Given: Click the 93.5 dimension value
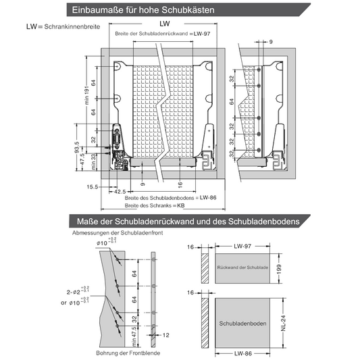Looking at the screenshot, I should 78,147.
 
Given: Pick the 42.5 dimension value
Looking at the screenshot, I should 120,192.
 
